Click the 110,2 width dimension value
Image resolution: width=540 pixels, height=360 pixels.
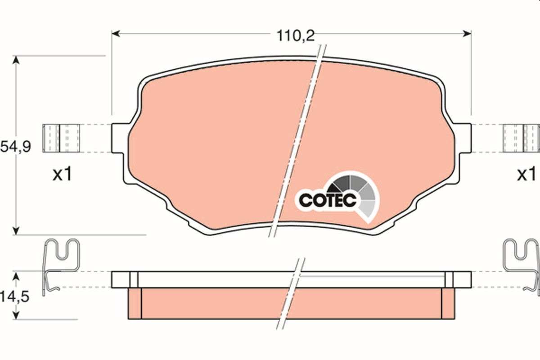[296, 36]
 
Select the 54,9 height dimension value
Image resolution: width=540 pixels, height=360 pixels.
[15, 147]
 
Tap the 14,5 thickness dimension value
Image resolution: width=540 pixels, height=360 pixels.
[14, 297]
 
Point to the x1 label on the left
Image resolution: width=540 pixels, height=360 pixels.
[63, 174]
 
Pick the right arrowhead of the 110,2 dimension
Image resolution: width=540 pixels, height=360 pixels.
[467, 34]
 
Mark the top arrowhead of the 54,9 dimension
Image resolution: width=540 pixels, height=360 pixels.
[16, 60]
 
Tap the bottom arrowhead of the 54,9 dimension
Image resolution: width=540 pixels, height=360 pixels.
[16, 230]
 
